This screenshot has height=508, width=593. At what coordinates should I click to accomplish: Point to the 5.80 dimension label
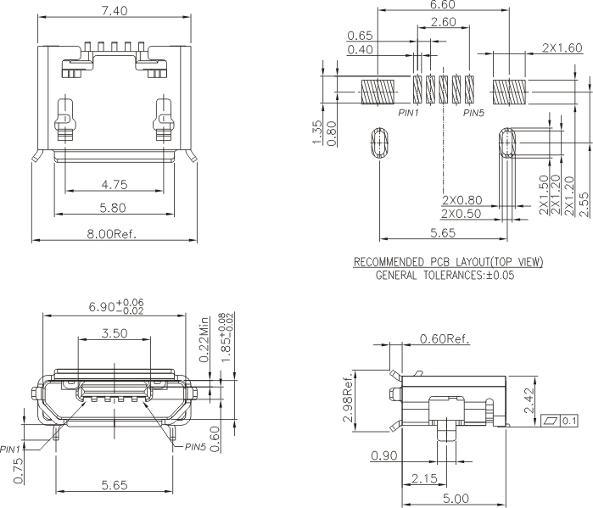(x=114, y=207)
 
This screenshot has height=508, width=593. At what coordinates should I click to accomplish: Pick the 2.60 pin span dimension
(x=443, y=22)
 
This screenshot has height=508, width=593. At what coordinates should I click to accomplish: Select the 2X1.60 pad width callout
(x=562, y=49)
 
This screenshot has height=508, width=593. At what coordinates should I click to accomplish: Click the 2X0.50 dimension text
(x=462, y=215)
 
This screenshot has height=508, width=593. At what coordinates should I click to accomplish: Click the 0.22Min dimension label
(x=204, y=343)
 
